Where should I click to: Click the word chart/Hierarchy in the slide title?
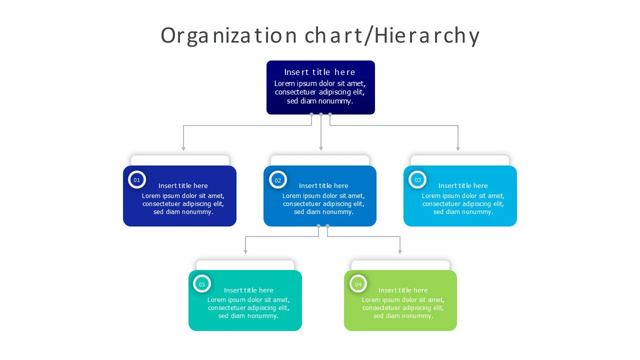point(392,36)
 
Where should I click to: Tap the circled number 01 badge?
point(137,180)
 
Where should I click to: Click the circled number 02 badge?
point(278,180)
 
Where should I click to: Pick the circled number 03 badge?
point(417,180)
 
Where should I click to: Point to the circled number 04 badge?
point(358,284)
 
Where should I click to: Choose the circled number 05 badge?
point(202,284)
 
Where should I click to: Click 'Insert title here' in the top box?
point(320,72)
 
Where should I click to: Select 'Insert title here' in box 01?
point(183,186)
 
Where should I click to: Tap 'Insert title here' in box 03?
point(463,186)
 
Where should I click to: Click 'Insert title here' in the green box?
point(403,290)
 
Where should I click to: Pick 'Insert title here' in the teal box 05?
point(248,290)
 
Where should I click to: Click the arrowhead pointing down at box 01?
point(183,148)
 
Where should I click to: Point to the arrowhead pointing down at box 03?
point(457,148)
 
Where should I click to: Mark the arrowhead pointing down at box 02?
point(321,148)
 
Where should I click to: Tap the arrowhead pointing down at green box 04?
point(400,252)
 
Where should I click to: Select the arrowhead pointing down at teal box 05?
point(245,252)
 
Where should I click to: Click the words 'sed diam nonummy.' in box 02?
point(323,212)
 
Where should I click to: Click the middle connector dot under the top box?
point(321,114)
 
